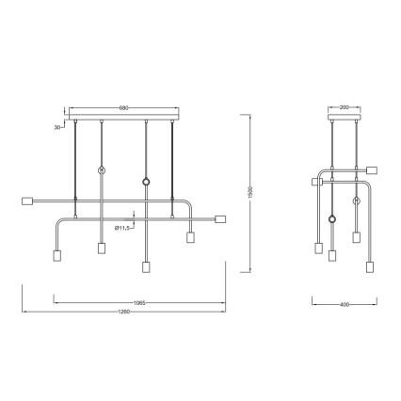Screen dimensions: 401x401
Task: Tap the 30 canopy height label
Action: (57, 125)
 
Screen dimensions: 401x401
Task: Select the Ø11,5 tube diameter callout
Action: (122, 227)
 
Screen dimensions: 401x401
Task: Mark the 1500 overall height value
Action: (251, 191)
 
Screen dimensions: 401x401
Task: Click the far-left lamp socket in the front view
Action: (27, 200)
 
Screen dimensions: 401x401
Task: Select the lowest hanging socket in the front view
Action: (146, 267)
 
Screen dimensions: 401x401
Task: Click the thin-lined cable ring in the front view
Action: (101, 170)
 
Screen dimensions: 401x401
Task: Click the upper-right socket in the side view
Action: (372, 169)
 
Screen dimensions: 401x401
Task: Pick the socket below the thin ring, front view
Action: (101, 249)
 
